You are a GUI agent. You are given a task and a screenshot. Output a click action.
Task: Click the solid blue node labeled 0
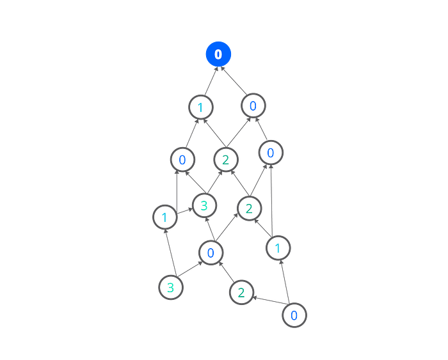coord(218,54)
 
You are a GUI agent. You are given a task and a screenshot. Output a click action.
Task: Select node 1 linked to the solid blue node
coord(201,106)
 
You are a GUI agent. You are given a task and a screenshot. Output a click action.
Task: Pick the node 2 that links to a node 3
coord(225,158)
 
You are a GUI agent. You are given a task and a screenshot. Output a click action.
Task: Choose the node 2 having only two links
coord(241,293)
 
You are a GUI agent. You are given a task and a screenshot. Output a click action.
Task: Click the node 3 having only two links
coord(170,287)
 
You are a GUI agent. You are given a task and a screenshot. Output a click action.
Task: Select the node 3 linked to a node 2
coord(204,205)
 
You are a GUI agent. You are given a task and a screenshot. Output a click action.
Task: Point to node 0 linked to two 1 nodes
coord(182,159)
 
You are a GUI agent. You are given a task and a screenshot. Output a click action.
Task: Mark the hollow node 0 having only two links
coord(293,315)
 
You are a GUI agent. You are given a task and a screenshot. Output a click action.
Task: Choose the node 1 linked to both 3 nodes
coord(164,217)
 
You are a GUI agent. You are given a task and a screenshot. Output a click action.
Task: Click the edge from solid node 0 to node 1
coord(210,79)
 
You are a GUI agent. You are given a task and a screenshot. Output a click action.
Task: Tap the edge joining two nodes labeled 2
coord(236,182)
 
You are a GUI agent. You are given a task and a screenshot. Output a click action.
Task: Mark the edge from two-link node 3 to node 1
coord(167,252)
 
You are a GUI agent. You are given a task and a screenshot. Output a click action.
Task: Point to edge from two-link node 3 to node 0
coord(190,270)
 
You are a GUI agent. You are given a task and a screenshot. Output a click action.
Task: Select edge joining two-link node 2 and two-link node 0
coord(268,304)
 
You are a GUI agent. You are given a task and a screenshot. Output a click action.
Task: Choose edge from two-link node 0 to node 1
coord(285,281)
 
